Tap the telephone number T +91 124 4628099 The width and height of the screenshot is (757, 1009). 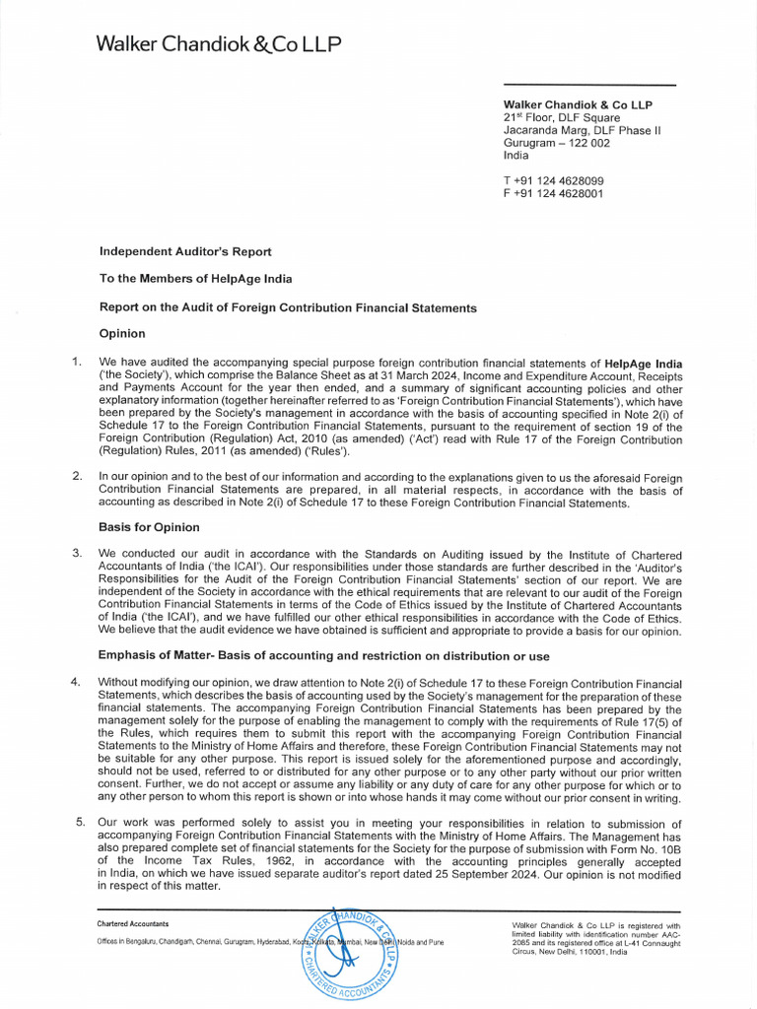(553, 180)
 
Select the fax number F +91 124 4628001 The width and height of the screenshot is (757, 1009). (553, 193)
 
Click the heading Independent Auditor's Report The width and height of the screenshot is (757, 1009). (185, 252)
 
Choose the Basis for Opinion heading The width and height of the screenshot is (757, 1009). (149, 527)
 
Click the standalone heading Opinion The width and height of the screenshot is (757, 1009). (122, 334)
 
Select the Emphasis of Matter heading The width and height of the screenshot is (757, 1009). (323, 656)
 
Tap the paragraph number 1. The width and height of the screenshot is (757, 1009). (77, 363)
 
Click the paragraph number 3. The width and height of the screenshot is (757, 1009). (77, 553)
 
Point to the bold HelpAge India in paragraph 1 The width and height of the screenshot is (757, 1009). (643, 364)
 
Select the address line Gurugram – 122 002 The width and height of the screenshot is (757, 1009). (556, 143)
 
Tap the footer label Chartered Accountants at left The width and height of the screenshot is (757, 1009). (133, 924)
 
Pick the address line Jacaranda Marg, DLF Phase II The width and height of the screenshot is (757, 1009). (582, 130)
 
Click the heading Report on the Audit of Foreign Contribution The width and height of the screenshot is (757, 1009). (288, 307)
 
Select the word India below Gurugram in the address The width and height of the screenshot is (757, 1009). (516, 156)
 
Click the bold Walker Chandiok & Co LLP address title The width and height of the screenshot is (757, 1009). (578, 104)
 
